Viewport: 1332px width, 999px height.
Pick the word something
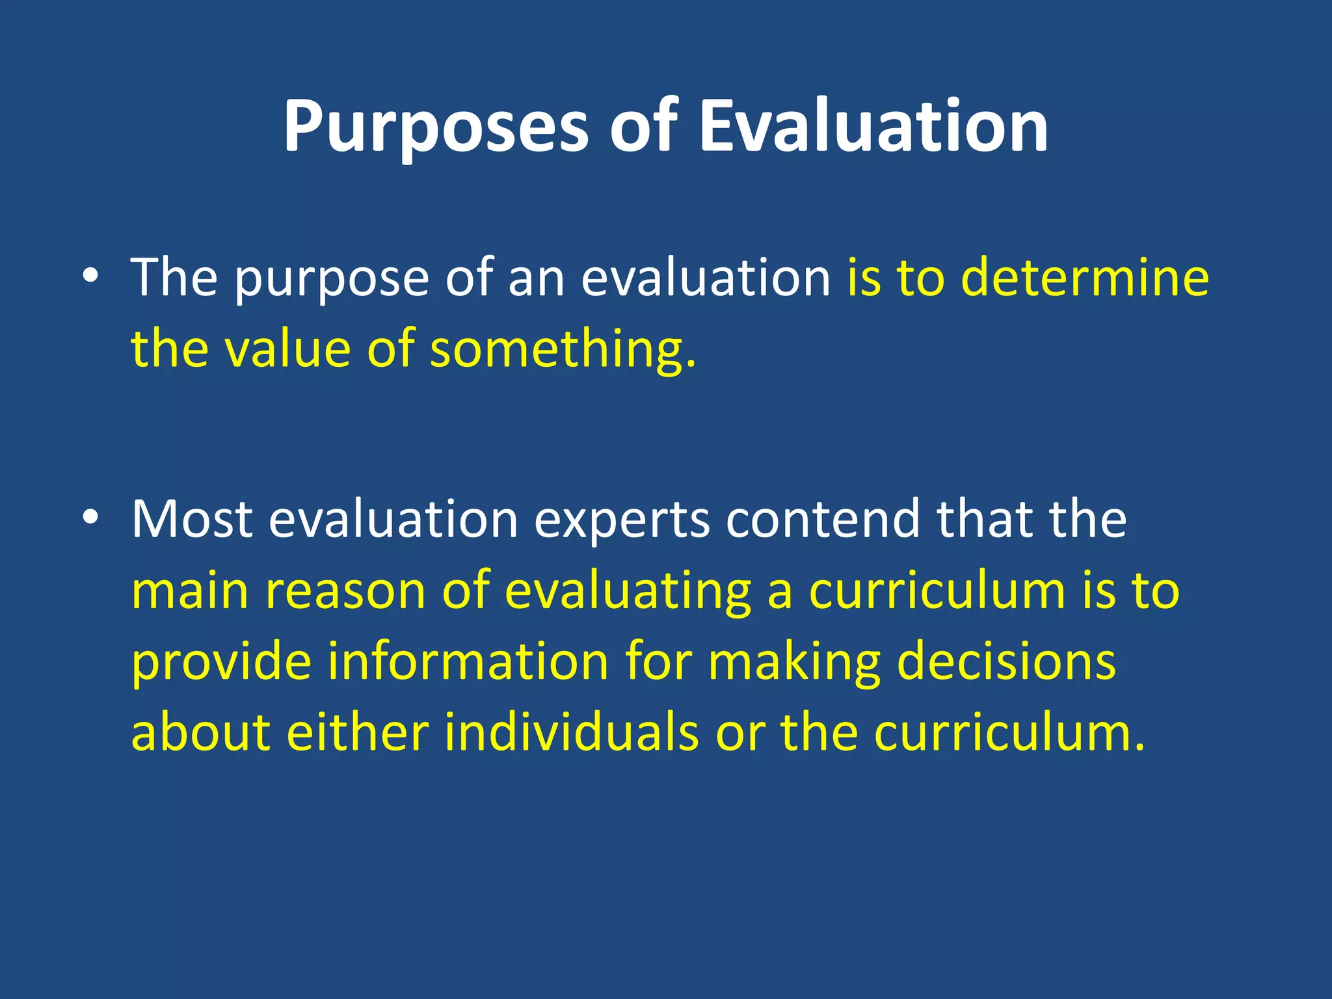[563, 350]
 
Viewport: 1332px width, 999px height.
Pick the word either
[357, 733]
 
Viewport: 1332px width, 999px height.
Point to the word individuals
[572, 733]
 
